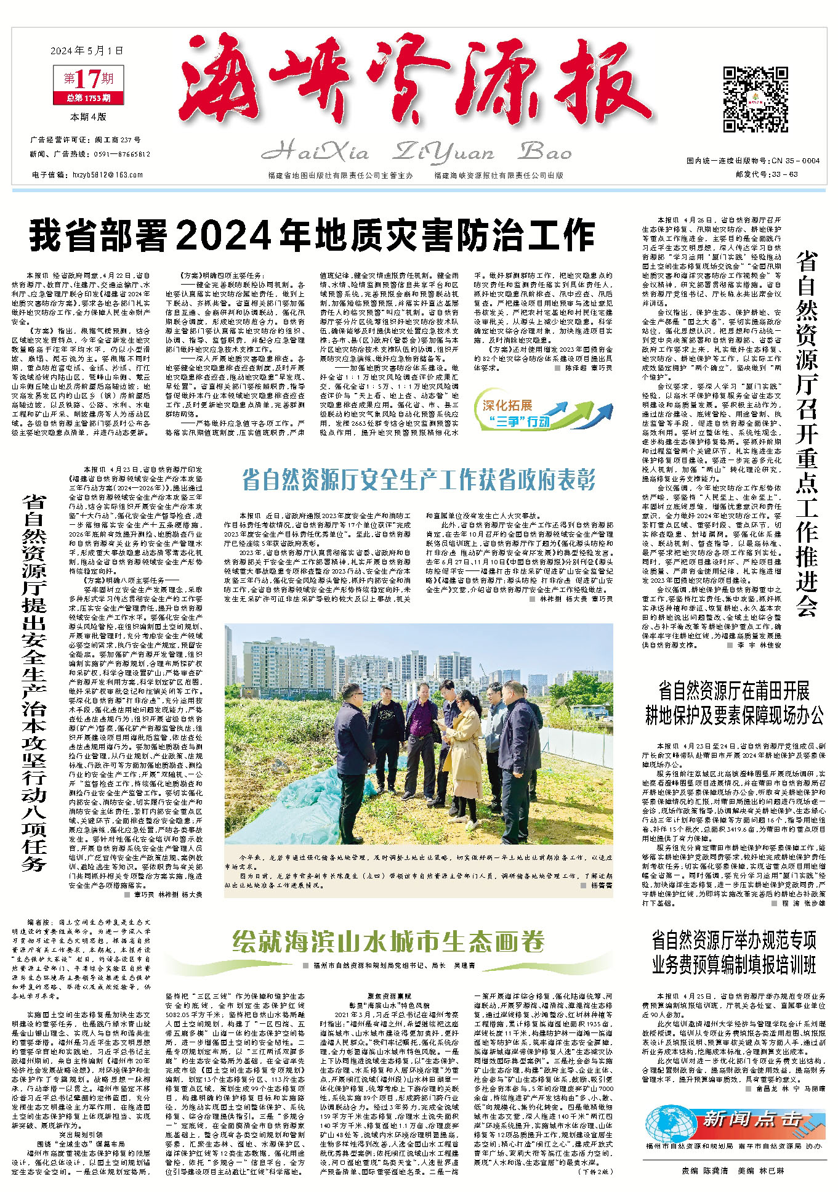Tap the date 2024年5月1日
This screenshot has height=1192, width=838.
(87, 51)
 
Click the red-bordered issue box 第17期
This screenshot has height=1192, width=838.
(89, 79)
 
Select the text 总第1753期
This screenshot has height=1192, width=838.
(89, 98)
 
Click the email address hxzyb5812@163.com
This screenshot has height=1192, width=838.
(108, 175)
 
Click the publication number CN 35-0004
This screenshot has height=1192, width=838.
(794, 161)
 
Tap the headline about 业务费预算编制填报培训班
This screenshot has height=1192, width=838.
(733, 952)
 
